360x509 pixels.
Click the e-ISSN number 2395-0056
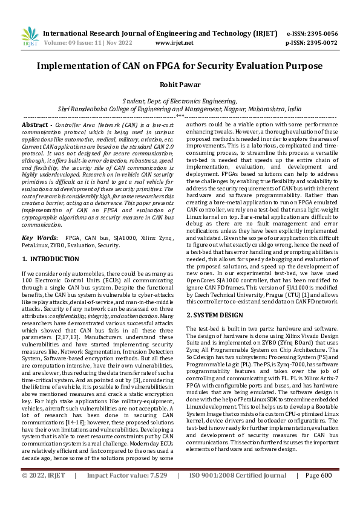pos(320,34)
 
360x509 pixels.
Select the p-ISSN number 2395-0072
pos(320,43)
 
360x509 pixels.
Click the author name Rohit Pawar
pos(180,85)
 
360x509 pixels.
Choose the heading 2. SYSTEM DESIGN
pos(212,315)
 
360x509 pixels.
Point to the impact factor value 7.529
pos(156,492)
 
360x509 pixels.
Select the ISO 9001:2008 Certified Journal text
pos(238,492)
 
